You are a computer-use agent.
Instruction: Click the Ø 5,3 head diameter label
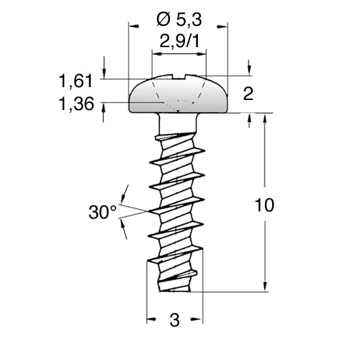(x=179, y=19)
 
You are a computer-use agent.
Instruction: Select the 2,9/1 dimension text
(x=179, y=41)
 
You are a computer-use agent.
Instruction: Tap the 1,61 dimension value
(x=76, y=81)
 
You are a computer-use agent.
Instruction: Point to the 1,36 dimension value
(x=76, y=104)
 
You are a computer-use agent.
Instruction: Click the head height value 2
(x=248, y=94)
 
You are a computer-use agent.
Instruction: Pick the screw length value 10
(x=264, y=205)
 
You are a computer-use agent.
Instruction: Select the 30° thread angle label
(x=103, y=212)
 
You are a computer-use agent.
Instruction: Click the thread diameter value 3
(x=174, y=320)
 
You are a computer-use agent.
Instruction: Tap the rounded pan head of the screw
(x=179, y=95)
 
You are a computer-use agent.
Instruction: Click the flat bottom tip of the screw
(x=175, y=291)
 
